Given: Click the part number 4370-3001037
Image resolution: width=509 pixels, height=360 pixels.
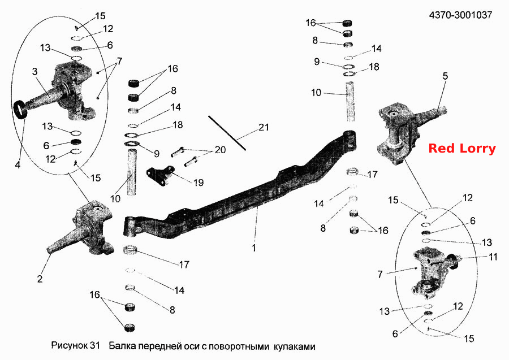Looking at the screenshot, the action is point(460,15).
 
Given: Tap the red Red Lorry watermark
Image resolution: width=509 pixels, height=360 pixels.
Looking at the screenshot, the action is point(462,148).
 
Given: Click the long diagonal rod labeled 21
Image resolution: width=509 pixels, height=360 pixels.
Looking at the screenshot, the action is point(227,133).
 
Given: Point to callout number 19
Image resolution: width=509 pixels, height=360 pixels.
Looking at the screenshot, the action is point(199,183).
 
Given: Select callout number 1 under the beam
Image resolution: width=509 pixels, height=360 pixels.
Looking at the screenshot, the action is point(253,248).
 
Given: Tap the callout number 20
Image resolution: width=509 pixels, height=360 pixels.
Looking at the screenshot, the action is point(220,150).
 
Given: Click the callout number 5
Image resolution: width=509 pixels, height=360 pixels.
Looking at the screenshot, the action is point(445,76).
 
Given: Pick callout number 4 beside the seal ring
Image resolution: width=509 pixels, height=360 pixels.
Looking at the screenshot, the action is point(18,164).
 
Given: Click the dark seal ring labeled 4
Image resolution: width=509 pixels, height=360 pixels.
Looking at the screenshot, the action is point(20,110).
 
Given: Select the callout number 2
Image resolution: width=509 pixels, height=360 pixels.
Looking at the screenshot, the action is point(40,279).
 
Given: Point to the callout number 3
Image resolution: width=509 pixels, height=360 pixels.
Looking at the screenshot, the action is point(35,71).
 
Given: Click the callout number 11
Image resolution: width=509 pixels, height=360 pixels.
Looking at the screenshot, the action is point(493,257).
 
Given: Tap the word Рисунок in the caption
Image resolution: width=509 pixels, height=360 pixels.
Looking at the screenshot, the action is point(70,346).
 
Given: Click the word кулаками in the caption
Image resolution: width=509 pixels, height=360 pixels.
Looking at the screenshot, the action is point(294,346).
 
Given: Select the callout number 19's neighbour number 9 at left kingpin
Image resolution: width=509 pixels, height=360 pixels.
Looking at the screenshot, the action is point(157,153).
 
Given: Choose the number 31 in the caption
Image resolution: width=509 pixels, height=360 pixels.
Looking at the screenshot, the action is point(95,345).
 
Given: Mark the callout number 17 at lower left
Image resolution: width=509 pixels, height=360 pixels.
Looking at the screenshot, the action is point(184,264).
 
